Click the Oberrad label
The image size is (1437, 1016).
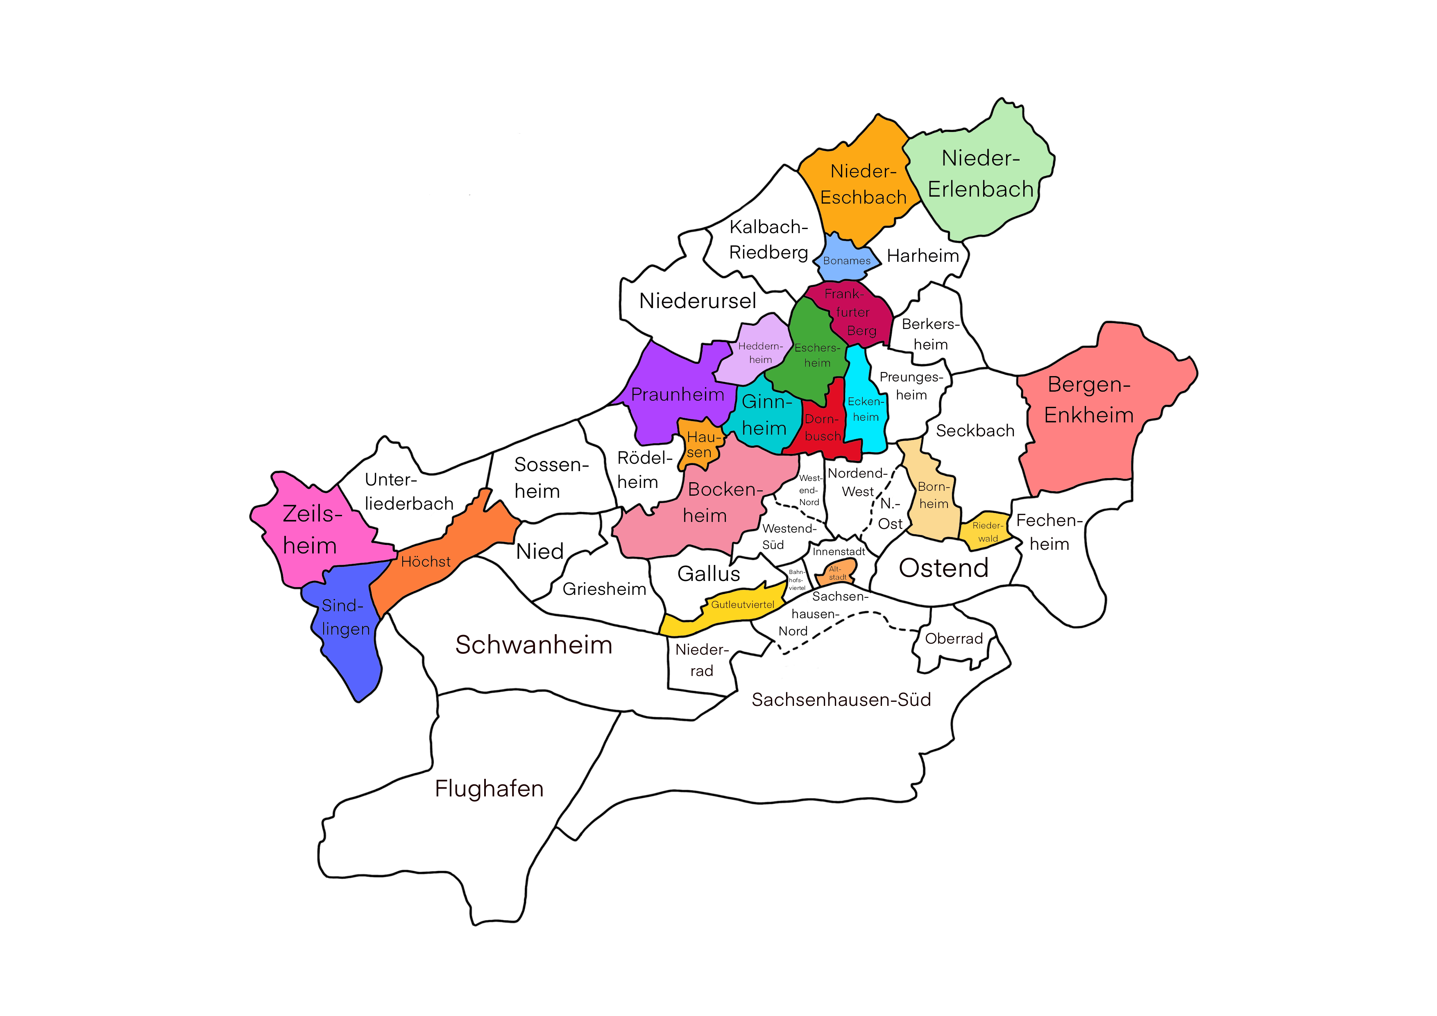click(x=954, y=639)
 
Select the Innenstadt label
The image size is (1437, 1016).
click(x=839, y=551)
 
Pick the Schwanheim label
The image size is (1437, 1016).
click(x=533, y=645)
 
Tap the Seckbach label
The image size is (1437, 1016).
click(x=975, y=431)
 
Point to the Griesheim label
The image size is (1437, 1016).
click(x=604, y=589)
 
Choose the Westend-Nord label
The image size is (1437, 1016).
click(x=809, y=490)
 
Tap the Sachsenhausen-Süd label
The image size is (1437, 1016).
click(x=841, y=700)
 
